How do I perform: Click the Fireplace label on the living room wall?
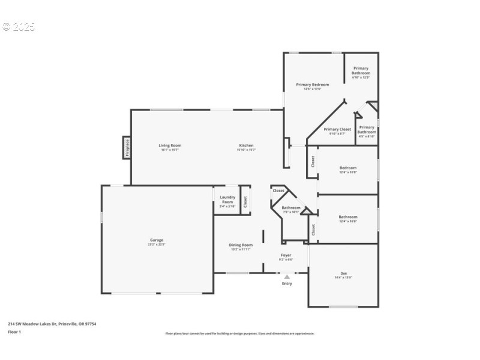click(127, 147)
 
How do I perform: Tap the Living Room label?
click(170, 145)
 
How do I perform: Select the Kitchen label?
click(246, 145)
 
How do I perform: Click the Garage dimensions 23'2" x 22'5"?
click(157, 245)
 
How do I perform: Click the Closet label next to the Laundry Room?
click(245, 202)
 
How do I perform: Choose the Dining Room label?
click(241, 245)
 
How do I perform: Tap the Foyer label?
click(286, 255)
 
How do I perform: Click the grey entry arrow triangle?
click(287, 277)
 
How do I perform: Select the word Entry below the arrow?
click(287, 283)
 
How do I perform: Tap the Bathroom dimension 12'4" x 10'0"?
click(348, 221)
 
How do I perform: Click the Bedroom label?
click(348, 167)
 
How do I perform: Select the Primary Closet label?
click(337, 129)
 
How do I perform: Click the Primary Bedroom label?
click(312, 85)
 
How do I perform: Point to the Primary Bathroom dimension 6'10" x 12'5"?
click(361, 77)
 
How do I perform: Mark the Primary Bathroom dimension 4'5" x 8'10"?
click(367, 137)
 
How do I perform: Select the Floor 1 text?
click(14, 332)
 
